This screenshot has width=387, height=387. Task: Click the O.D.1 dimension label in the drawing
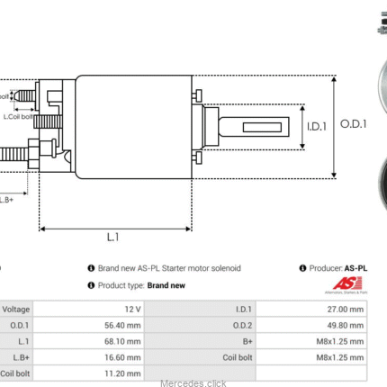point(353,125)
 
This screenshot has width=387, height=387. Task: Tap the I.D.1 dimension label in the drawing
point(315,126)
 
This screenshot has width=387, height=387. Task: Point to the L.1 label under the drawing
point(113,238)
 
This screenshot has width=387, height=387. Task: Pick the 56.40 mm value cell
point(126,325)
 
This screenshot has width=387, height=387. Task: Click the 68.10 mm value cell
point(126,341)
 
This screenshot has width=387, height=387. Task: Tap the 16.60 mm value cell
point(126,357)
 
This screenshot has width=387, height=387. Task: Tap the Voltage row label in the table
point(15,309)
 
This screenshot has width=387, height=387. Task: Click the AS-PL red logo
point(346,284)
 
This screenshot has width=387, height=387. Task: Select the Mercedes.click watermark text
point(193,382)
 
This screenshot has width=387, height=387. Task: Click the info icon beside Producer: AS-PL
point(301,268)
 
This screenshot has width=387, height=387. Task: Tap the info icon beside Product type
point(91,285)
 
